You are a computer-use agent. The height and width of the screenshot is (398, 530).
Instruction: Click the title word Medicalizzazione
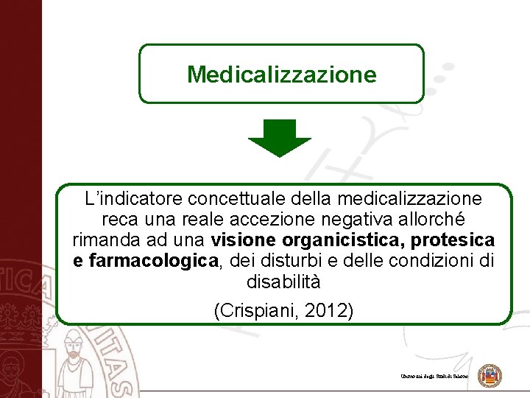281,74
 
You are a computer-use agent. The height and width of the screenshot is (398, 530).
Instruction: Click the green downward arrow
280,138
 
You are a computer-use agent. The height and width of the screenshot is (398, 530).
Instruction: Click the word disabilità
283,282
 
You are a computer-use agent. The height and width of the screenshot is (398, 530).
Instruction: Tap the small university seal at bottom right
490,376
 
